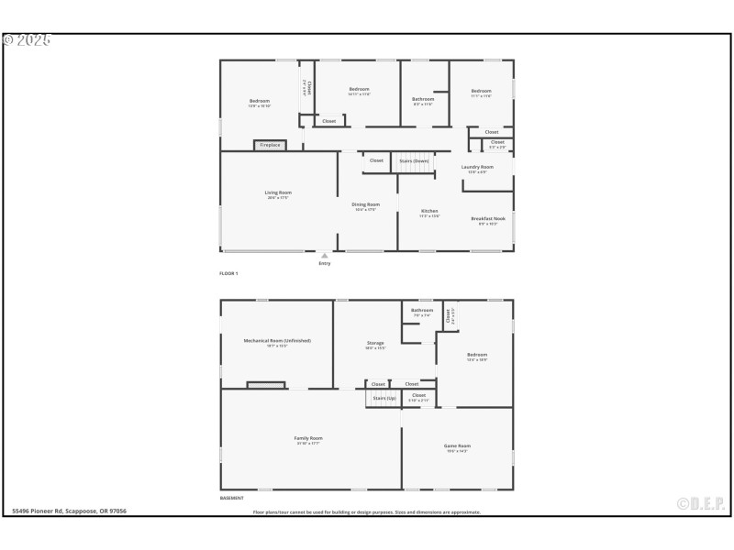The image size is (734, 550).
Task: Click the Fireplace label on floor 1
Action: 271,145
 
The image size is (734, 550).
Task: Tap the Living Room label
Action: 277,192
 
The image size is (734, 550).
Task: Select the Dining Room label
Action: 367,204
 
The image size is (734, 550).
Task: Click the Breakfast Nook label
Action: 487,218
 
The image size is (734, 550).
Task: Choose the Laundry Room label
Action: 477,167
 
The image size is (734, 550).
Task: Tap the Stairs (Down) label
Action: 414,160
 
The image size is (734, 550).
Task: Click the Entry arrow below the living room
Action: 323,256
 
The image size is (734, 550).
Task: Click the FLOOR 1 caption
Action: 228,274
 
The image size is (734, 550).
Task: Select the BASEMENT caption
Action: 231,498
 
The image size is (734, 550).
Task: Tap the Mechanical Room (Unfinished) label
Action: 277,340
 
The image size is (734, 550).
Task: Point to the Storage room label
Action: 375,343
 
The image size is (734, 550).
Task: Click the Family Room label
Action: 308,438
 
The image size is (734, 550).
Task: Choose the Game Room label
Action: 457,445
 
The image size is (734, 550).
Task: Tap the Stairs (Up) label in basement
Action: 384,398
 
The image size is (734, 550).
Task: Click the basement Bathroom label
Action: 422,310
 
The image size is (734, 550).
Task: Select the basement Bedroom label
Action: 477,354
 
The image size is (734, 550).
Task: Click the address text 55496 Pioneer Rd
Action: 70,511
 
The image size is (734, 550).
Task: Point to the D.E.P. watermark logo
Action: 701,503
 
